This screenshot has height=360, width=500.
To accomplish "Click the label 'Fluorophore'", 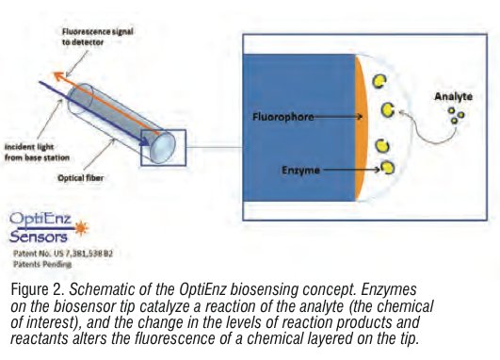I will (282, 118).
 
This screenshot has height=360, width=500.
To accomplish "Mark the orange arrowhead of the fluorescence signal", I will (56, 71).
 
